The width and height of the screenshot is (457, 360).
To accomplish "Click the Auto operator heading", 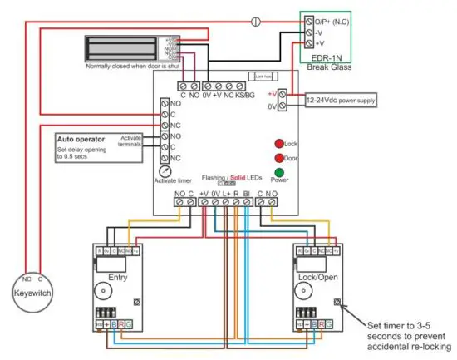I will click(x=79, y=137).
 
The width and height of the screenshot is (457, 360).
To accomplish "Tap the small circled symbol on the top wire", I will click(x=257, y=19).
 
